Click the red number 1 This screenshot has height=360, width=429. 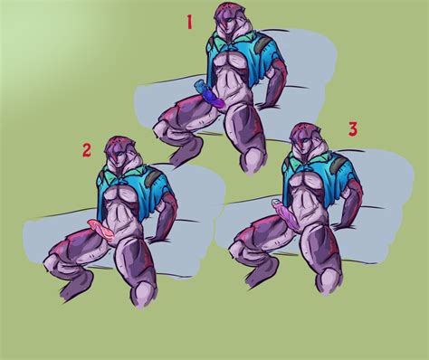[x=189, y=23]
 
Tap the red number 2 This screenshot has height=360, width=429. [x=87, y=150]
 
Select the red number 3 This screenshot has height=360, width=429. [x=353, y=129]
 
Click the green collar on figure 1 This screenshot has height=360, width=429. [x=230, y=39]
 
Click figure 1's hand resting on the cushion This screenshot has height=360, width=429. [x=265, y=105]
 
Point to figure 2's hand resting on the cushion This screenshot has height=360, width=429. [x=156, y=240]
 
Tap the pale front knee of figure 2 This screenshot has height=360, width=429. [x=144, y=295]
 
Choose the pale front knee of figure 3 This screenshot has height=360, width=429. [x=329, y=281]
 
